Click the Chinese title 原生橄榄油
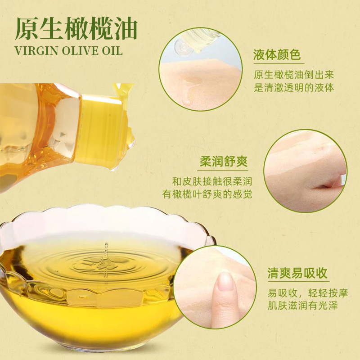point(76,28)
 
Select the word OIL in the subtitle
point(112,51)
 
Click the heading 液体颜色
point(277,54)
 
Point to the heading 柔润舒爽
point(223,162)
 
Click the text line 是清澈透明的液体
point(294,87)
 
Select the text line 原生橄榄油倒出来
point(294,75)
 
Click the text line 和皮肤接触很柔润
point(212,181)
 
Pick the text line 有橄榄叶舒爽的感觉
point(207,194)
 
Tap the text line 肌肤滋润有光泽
point(302,306)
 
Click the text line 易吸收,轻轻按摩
point(308,293)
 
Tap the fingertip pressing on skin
point(225,283)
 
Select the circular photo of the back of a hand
point(306,171)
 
